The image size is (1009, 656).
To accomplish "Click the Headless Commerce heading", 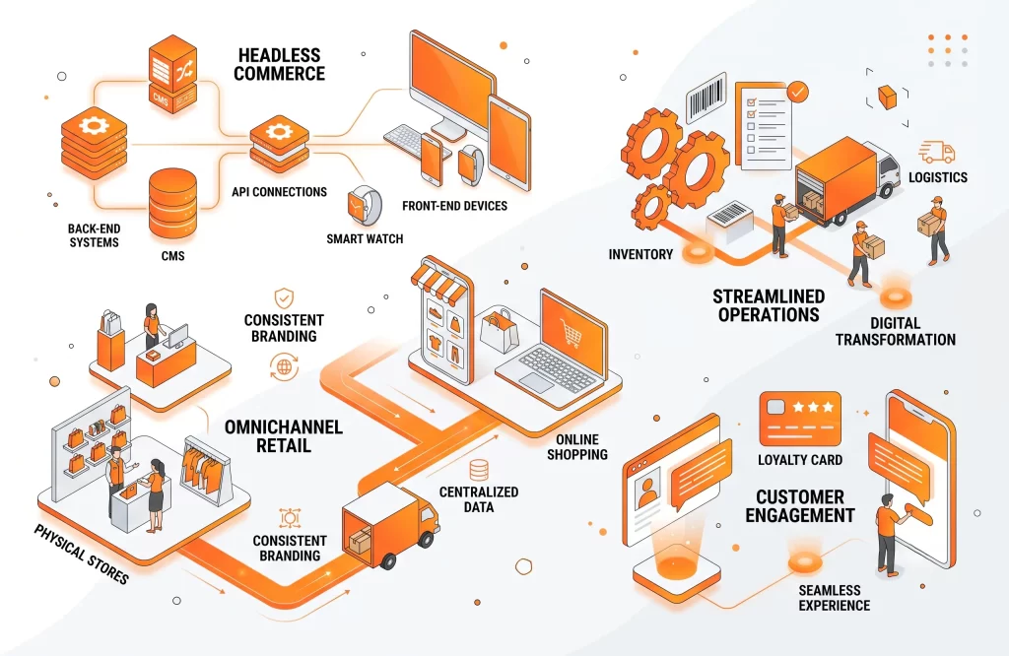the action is point(279,64).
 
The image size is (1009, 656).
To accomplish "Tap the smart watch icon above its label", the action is point(365,206).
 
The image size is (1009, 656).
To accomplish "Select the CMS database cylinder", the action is point(172,204).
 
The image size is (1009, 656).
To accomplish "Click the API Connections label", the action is point(279,192).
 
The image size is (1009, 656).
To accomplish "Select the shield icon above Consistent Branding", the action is point(284,298).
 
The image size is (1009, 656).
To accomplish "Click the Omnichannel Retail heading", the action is point(283,436).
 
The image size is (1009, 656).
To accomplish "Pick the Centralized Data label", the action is point(479,499).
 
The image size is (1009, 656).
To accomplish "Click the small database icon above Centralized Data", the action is point(479,470).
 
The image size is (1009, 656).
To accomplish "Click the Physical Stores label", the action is point(81,554).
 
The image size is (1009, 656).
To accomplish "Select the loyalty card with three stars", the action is point(800,420).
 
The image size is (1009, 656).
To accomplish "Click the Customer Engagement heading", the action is point(800,506).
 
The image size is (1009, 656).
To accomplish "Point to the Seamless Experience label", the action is point(834,598).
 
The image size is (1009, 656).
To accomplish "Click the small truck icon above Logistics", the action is point(936,153).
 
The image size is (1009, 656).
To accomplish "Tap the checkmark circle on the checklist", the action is point(798,92).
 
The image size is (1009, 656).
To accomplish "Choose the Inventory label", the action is point(640,255).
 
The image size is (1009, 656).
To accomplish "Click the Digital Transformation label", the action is point(895,331).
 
